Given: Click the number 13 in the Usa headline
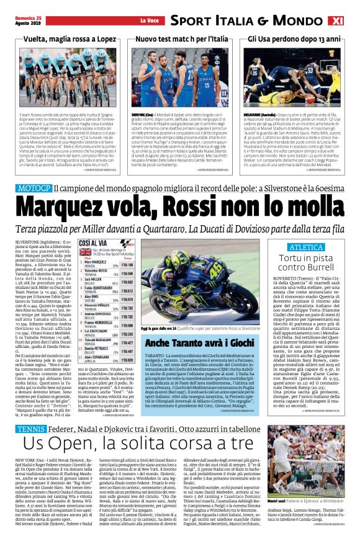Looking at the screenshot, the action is click(324, 39).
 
